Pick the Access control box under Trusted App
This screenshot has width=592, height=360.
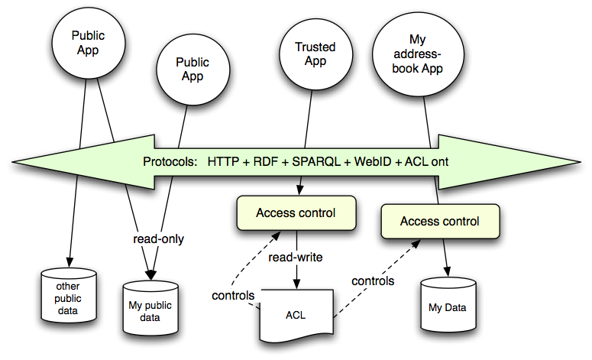[x=296, y=212]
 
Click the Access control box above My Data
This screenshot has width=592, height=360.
[x=440, y=222]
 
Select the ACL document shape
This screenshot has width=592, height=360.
[x=296, y=314]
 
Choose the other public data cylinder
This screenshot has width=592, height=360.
[x=70, y=296]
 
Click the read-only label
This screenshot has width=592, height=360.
[x=157, y=238]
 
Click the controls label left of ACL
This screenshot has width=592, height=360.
[x=234, y=295]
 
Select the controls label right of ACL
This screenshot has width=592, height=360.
[x=373, y=281]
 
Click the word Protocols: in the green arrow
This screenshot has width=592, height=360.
[x=170, y=162]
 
